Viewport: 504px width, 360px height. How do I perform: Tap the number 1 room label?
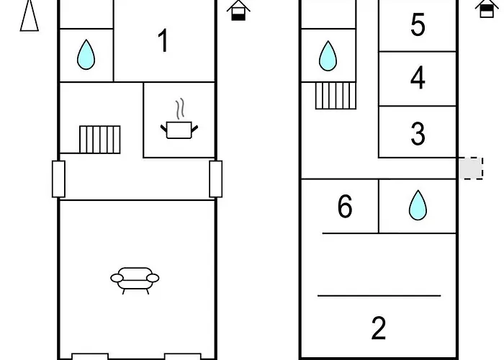click(163, 40)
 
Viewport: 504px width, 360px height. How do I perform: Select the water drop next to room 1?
click(86, 54)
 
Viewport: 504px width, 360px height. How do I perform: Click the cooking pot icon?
click(179, 119)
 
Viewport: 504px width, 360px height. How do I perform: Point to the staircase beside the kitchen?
click(100, 140)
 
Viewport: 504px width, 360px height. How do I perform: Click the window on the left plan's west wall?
click(58, 179)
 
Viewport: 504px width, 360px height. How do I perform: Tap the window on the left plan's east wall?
click(216, 179)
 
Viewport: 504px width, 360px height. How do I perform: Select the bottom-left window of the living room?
click(90, 356)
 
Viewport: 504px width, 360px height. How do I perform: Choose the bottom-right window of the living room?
click(183, 356)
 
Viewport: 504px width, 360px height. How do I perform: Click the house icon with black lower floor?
click(238, 10)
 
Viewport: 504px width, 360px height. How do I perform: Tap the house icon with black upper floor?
click(487, 9)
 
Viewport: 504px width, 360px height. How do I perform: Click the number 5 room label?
click(418, 24)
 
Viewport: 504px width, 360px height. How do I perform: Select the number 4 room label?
click(418, 78)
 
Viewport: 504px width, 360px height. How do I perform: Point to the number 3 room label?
click(418, 133)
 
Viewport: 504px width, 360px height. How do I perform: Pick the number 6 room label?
click(345, 207)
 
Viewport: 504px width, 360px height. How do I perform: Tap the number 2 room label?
click(378, 328)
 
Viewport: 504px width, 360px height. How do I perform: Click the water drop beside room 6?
click(418, 205)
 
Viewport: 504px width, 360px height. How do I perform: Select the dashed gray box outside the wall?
click(471, 168)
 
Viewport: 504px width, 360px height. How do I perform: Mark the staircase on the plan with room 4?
click(336, 96)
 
